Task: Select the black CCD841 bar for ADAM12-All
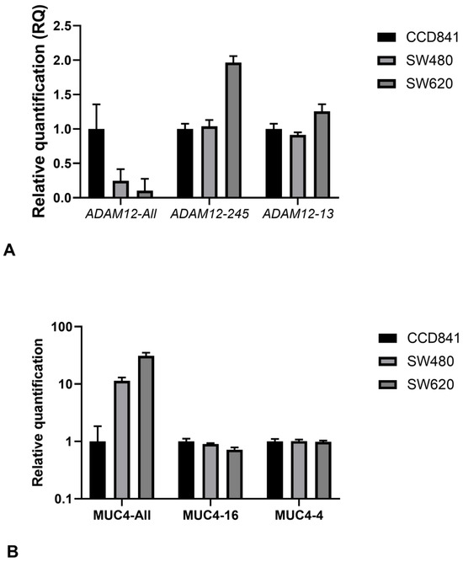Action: (98, 163)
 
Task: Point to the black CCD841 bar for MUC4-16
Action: (186, 470)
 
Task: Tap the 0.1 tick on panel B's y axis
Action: (61, 499)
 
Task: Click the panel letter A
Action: (10, 249)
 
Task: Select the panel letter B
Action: (10, 551)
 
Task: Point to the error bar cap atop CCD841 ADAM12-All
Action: (98, 104)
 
